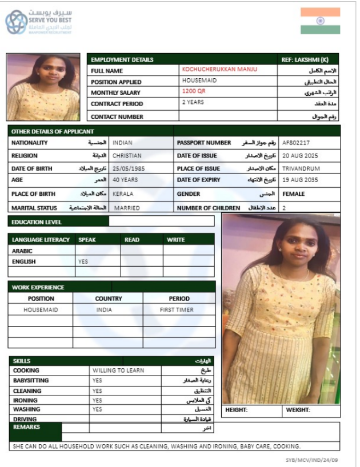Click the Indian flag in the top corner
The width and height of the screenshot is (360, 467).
click(320, 21)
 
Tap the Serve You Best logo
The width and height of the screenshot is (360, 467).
click(39, 22)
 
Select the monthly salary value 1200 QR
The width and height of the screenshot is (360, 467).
click(194, 91)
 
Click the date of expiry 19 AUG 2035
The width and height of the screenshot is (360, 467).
click(301, 181)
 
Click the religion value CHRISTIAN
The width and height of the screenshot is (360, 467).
click(127, 155)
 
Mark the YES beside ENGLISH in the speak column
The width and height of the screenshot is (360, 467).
click(83, 261)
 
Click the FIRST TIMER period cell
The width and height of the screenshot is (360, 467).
click(177, 309)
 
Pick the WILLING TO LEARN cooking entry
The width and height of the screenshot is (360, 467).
click(118, 371)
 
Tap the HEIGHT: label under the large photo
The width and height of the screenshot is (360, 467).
click(236, 410)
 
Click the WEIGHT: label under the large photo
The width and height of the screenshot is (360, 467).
click(298, 410)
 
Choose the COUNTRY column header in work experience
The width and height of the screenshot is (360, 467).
click(109, 299)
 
